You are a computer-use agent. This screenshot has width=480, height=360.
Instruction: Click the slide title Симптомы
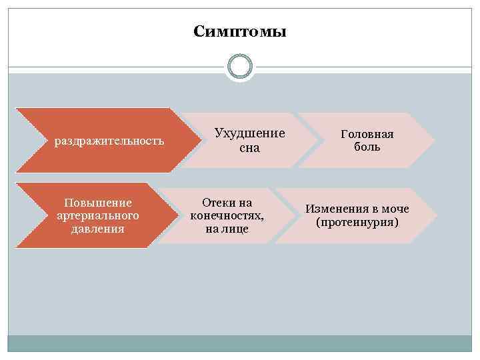[x=239, y=31]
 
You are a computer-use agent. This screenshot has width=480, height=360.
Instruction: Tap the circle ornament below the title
[x=239, y=66]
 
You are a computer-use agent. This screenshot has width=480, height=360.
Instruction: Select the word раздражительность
[x=109, y=141]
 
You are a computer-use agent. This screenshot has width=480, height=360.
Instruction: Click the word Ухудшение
[x=249, y=133]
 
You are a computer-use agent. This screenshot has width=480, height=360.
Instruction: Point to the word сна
[x=249, y=147]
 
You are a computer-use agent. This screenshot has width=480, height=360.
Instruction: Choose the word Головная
[x=367, y=134]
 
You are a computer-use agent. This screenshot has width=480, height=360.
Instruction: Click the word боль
[x=367, y=147]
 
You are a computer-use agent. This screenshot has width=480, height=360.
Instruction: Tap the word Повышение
[x=98, y=202]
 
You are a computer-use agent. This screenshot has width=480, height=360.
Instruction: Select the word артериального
[x=98, y=215]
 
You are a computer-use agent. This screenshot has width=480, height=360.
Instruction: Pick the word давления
[x=98, y=229]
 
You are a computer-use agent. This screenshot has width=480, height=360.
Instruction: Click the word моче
[x=395, y=209]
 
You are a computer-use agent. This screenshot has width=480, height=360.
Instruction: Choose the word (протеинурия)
[x=357, y=222]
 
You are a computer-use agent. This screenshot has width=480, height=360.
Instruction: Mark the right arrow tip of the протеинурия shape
[x=436, y=215]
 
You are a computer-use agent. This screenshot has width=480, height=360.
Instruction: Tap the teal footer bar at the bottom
[x=239, y=343]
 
